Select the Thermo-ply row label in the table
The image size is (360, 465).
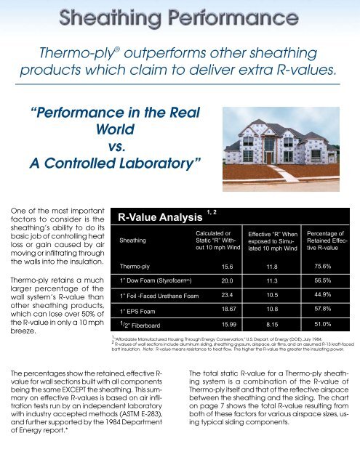[136, 267]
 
